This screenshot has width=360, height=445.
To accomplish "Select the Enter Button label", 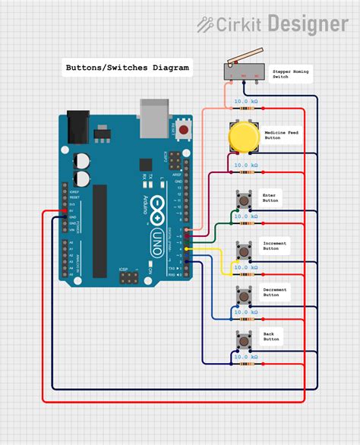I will (x=270, y=197).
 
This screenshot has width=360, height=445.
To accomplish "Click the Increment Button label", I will (x=275, y=245).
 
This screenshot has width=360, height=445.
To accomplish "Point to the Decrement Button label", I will (x=275, y=292).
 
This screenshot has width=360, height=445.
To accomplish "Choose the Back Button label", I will (x=271, y=337).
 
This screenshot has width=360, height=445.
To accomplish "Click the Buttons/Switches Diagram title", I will (x=126, y=68).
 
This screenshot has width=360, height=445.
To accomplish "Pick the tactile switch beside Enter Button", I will (x=243, y=199).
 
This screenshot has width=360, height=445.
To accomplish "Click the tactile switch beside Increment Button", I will (x=243, y=248).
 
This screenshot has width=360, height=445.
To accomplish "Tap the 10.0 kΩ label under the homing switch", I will (x=245, y=101).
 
